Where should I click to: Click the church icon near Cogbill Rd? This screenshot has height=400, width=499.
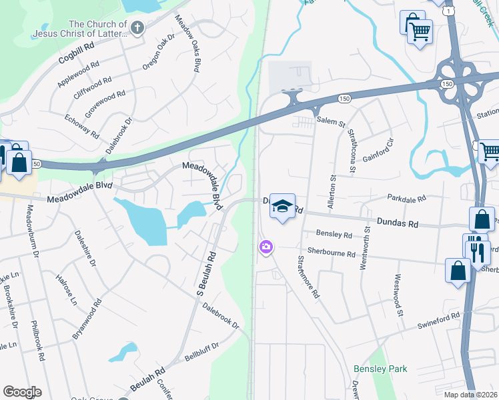click(x=137, y=28)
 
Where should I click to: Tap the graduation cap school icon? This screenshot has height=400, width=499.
click(x=282, y=207)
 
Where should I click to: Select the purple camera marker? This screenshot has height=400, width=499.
click(x=266, y=248)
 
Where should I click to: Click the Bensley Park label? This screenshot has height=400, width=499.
click(x=380, y=369)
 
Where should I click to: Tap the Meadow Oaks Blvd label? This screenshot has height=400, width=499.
click(x=187, y=43)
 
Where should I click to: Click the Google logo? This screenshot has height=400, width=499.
click(x=22, y=392)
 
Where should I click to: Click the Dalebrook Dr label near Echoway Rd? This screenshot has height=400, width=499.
click(x=123, y=132)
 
